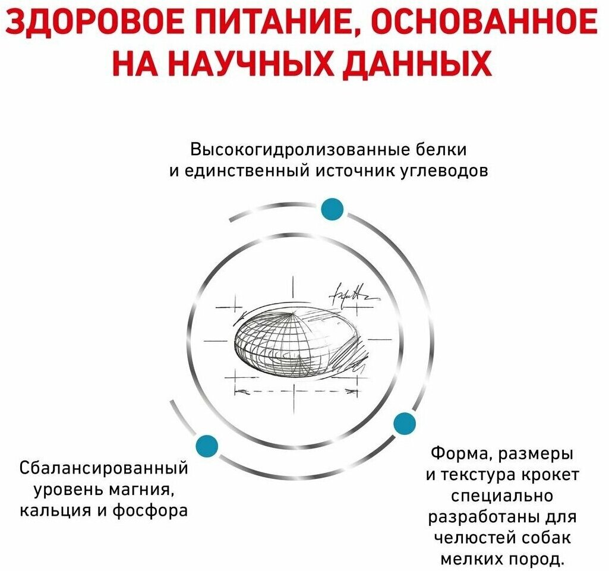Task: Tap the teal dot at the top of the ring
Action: pyautogui.click(x=332, y=209)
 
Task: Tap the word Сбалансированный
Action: pyautogui.click(x=104, y=468)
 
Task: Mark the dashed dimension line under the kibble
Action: pyautogui.click(x=296, y=392)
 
